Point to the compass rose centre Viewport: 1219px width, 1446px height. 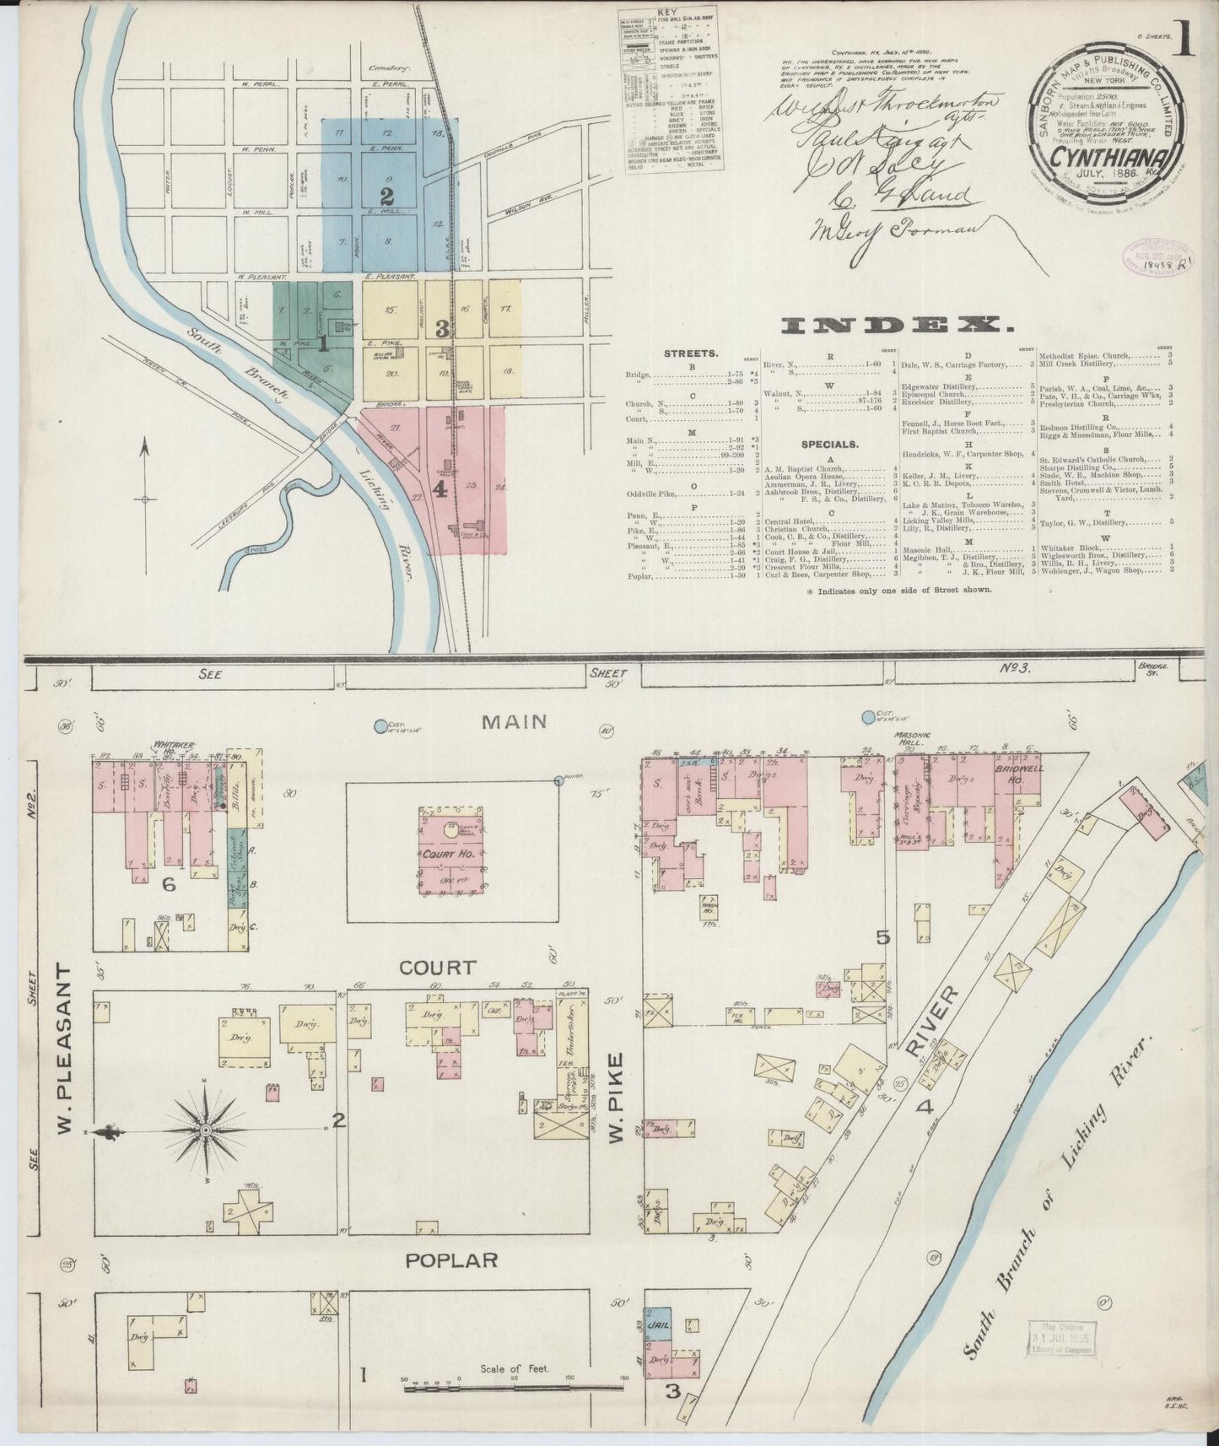(205, 1129)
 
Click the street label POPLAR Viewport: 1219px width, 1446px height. (451, 1260)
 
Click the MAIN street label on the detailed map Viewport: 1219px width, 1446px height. (515, 721)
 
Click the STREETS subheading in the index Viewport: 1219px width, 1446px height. (691, 353)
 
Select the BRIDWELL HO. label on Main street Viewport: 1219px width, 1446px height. (1019, 776)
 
